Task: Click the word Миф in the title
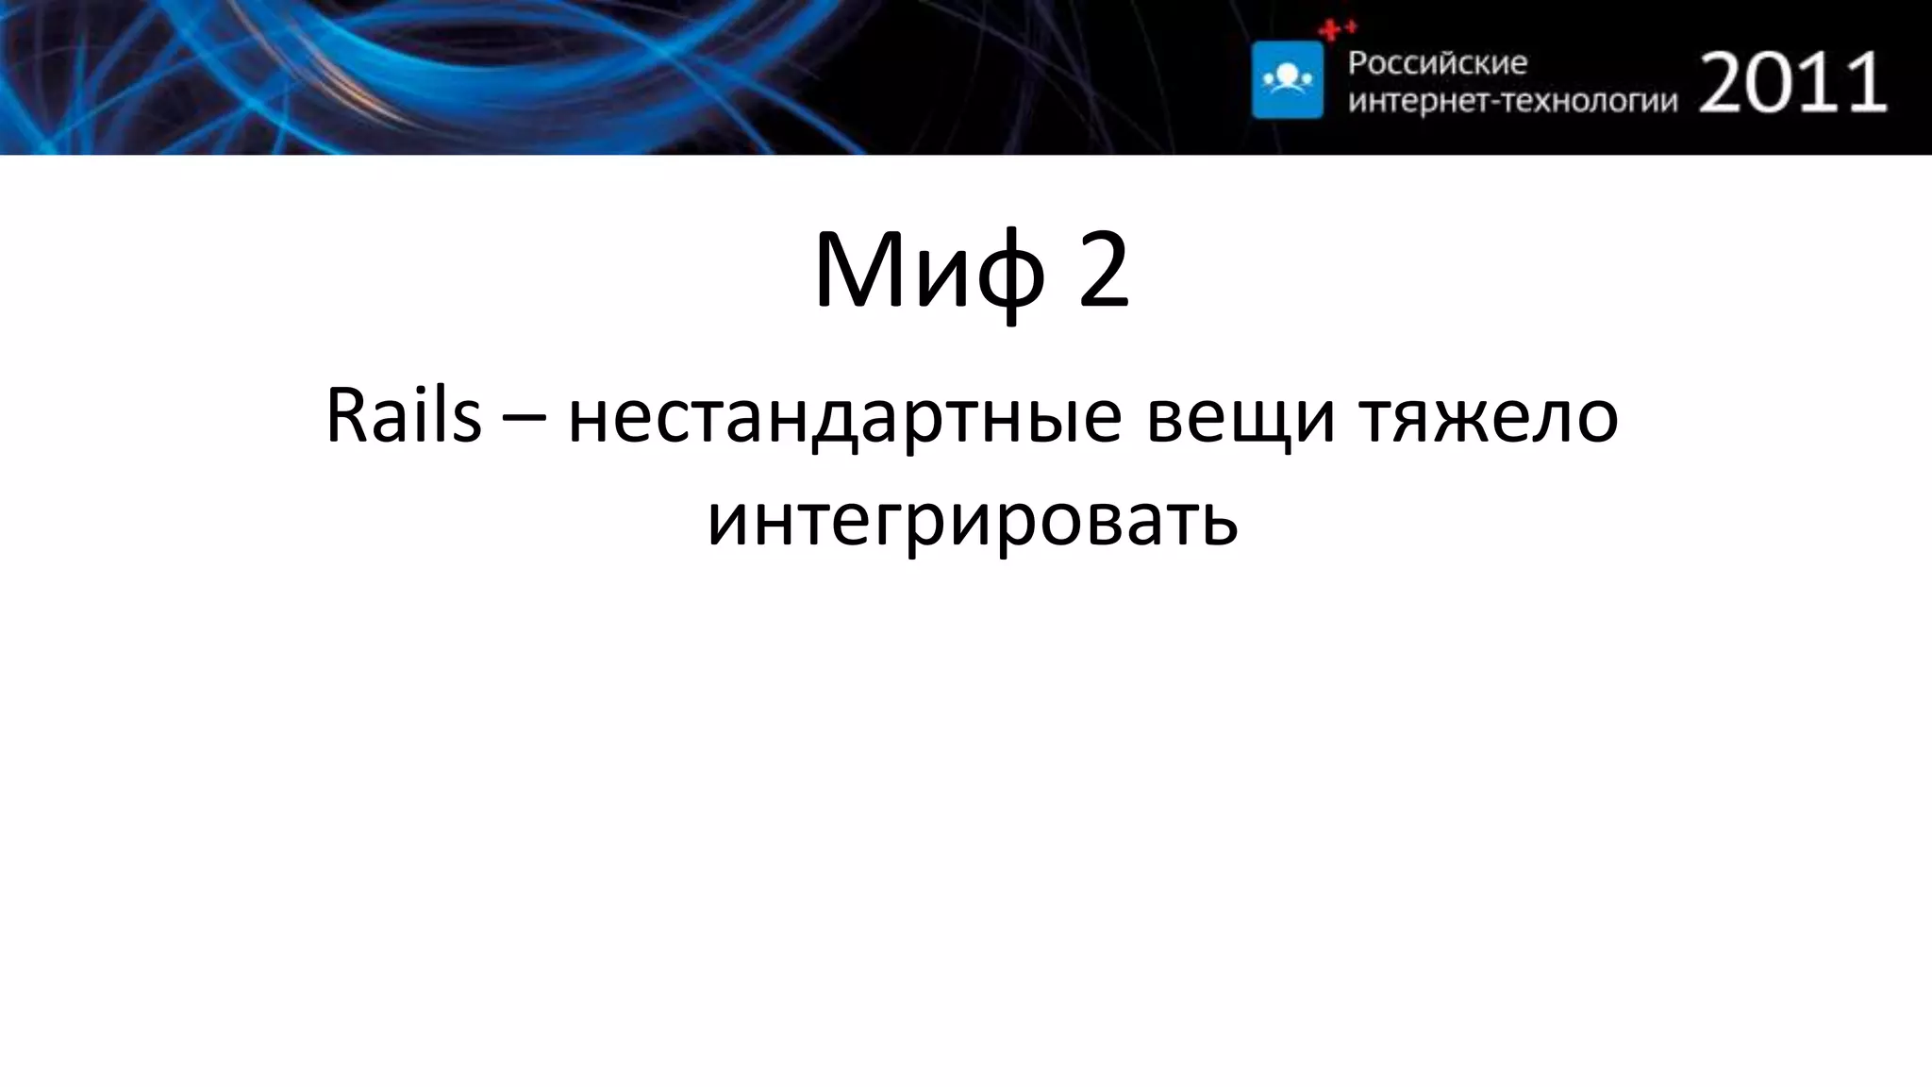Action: coord(930,272)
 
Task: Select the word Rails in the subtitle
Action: coord(403,416)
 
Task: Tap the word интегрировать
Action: coord(972,520)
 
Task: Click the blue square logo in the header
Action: coord(1287,79)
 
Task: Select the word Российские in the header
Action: coord(1438,63)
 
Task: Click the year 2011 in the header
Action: coord(1792,83)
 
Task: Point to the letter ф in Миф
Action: coord(1010,275)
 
